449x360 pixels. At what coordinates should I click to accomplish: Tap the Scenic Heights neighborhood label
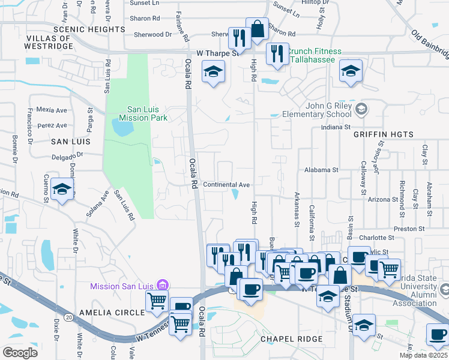(x=88, y=29)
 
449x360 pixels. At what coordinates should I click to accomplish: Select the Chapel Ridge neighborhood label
(x=291, y=339)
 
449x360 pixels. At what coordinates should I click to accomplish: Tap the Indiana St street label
(x=336, y=127)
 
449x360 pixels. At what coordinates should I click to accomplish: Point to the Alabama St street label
(x=322, y=170)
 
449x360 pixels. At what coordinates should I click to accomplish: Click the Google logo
(x=20, y=353)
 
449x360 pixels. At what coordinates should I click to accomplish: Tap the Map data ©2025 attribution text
(x=423, y=355)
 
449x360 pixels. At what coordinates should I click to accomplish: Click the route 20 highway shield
(x=70, y=316)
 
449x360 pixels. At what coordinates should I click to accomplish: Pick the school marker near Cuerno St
(x=62, y=189)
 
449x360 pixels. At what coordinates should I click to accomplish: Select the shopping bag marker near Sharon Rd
(x=257, y=29)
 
